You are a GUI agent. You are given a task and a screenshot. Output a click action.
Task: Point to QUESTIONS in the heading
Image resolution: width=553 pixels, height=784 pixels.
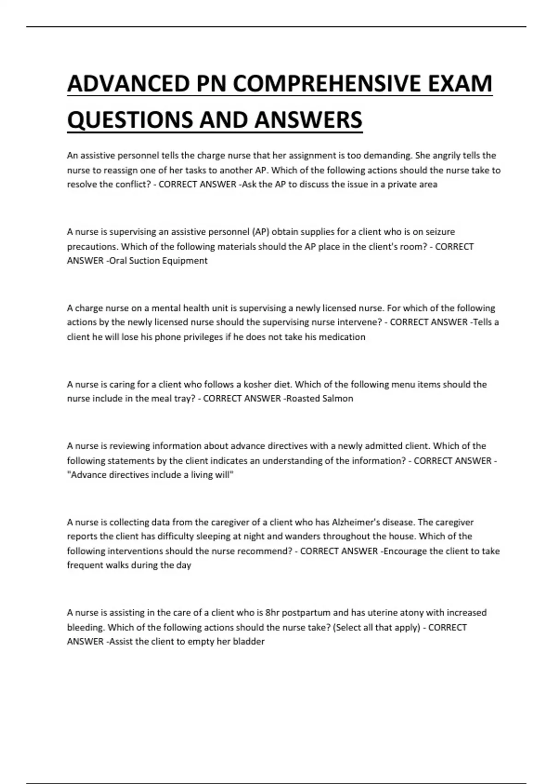130,120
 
